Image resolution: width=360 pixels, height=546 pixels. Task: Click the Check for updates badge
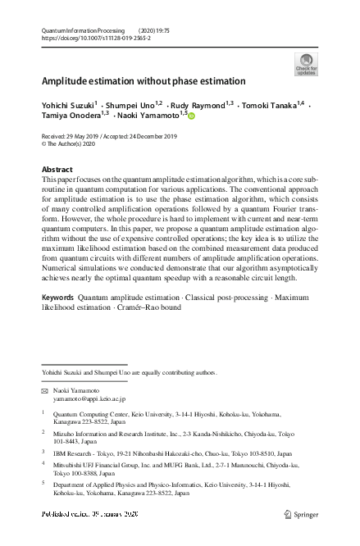pos(306,63)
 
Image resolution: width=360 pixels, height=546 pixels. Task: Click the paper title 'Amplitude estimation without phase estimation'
pos(144,81)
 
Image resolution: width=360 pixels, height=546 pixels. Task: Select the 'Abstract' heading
pos(57,169)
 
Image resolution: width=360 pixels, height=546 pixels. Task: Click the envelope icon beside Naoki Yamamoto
pos(45,391)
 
